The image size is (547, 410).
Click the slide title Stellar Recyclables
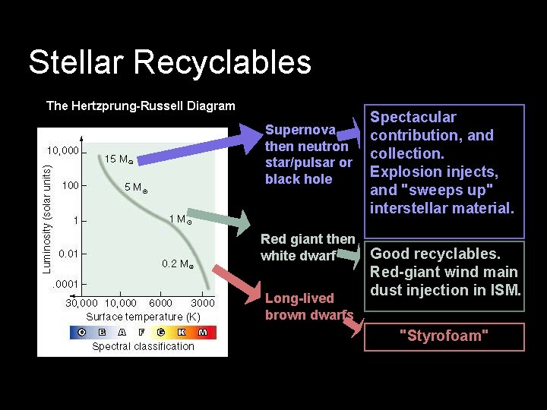coord(169,62)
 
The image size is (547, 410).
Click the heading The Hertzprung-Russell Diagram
coord(141,106)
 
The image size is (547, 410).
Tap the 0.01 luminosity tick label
coord(68,253)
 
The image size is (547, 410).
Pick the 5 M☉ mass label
coord(135,188)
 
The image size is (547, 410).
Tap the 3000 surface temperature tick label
coord(201,303)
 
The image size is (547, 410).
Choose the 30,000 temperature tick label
coord(81,303)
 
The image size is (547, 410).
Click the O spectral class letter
coord(81,332)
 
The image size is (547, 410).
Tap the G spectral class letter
coord(161,332)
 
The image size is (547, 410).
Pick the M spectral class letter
coord(202,332)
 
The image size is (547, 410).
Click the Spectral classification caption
coord(143,347)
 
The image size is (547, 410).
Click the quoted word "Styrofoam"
coord(444,336)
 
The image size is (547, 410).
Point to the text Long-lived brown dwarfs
coord(308,307)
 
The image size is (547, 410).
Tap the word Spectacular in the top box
coord(413,118)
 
